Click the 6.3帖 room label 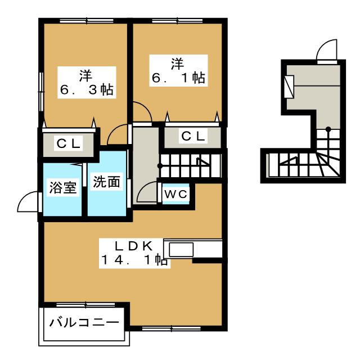pos(87,83)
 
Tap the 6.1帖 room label pos(179,71)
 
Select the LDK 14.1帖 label pos(134,253)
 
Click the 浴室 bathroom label pos(63,187)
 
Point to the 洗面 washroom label pos(106,182)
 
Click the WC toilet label pos(176,195)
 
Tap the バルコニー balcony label pos(84,323)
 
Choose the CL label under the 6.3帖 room pos(69,144)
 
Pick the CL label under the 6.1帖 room pos(193,136)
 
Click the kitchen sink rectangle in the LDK pos(181,250)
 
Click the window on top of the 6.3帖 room pos(87,21)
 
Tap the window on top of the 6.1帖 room pos(177,21)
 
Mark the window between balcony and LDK pos(85,305)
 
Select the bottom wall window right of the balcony pos(172,328)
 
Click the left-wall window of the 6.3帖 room pos(41,92)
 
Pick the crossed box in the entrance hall pos(289,87)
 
